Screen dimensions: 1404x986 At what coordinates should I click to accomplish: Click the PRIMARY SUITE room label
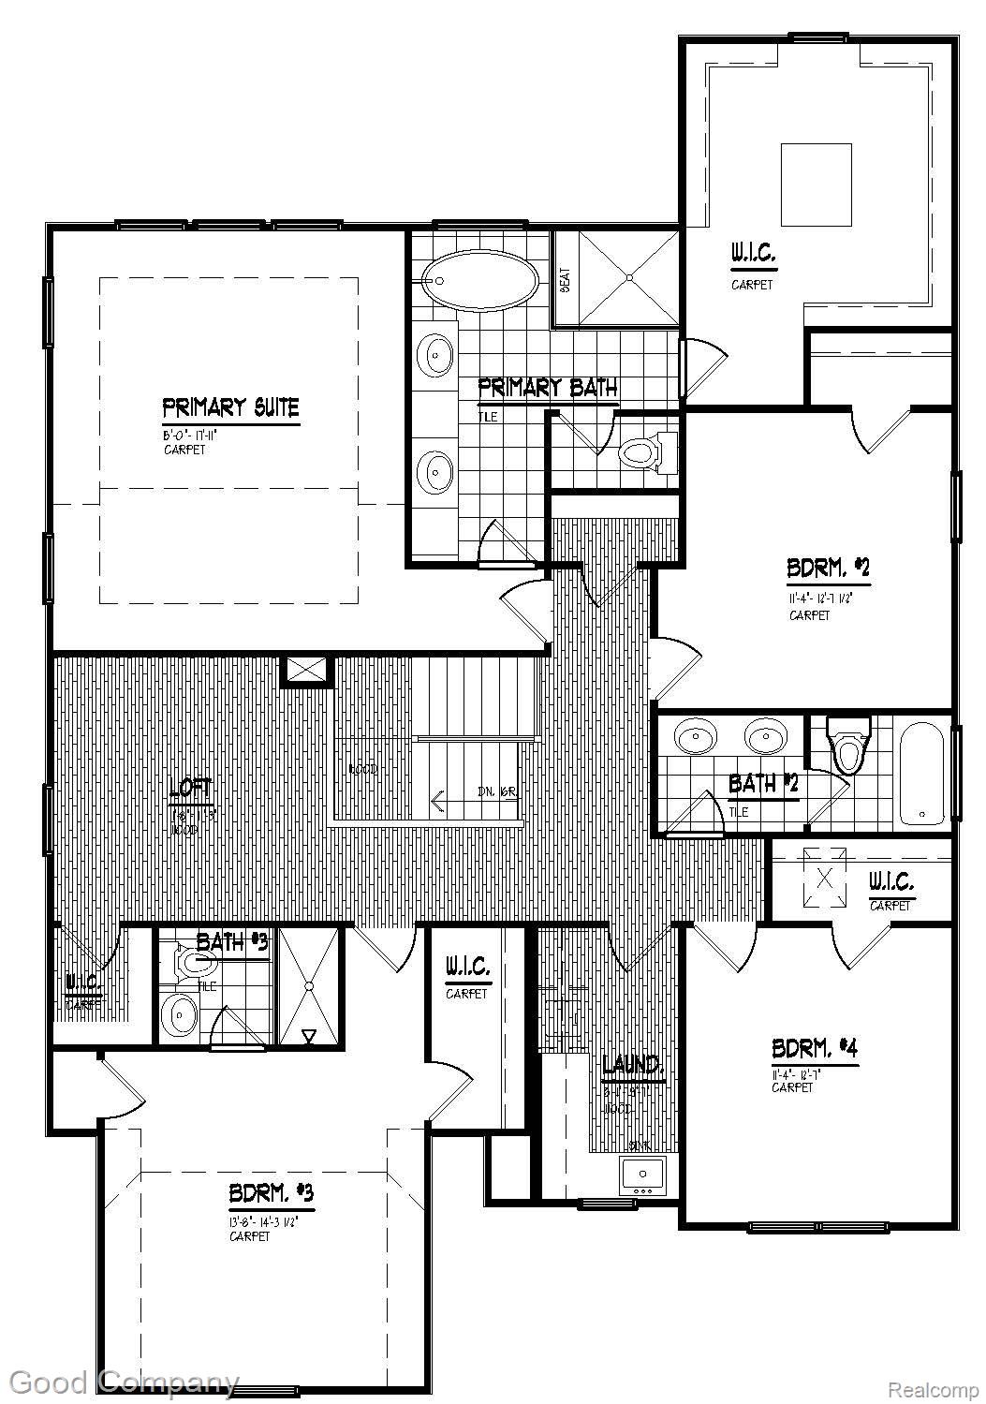tap(230, 408)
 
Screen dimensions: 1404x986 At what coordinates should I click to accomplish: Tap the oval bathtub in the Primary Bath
tap(479, 279)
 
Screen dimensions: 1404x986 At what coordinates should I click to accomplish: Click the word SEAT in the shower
tap(566, 278)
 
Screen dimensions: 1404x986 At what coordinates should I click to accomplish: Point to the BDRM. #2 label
tap(828, 568)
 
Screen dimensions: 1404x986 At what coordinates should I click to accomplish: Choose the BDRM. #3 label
tap(271, 1194)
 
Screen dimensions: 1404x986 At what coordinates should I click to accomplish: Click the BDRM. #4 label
tap(814, 1048)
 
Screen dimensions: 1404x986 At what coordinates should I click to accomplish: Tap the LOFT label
tap(191, 790)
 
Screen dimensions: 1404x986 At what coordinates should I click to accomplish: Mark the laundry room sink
tap(641, 1173)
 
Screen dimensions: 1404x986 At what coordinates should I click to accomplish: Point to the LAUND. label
tap(633, 1065)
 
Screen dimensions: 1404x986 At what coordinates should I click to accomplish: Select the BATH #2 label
tap(763, 783)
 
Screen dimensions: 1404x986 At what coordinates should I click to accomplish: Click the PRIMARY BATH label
tap(547, 387)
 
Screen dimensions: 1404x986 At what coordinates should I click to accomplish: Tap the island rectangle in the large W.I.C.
tap(816, 185)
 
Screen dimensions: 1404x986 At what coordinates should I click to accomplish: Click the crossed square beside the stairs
tap(306, 670)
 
